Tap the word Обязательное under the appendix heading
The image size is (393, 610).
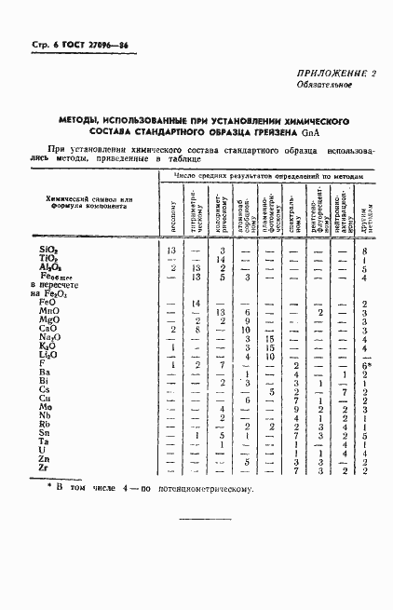[323, 86]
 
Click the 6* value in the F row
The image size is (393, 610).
[366, 364]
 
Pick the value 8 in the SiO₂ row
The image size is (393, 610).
[365, 251]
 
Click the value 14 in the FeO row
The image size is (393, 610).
[196, 304]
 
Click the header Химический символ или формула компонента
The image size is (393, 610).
[90, 202]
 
